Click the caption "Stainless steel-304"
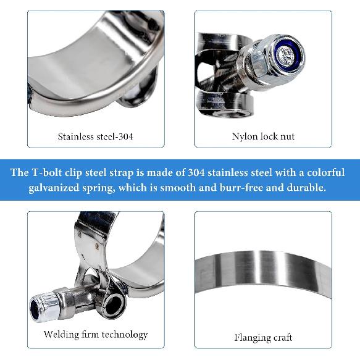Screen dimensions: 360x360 (95, 136)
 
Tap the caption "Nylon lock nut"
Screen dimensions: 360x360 (263, 136)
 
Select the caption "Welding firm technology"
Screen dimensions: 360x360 (96, 335)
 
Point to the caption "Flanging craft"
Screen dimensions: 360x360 (263, 337)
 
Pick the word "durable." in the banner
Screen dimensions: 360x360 (303, 188)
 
